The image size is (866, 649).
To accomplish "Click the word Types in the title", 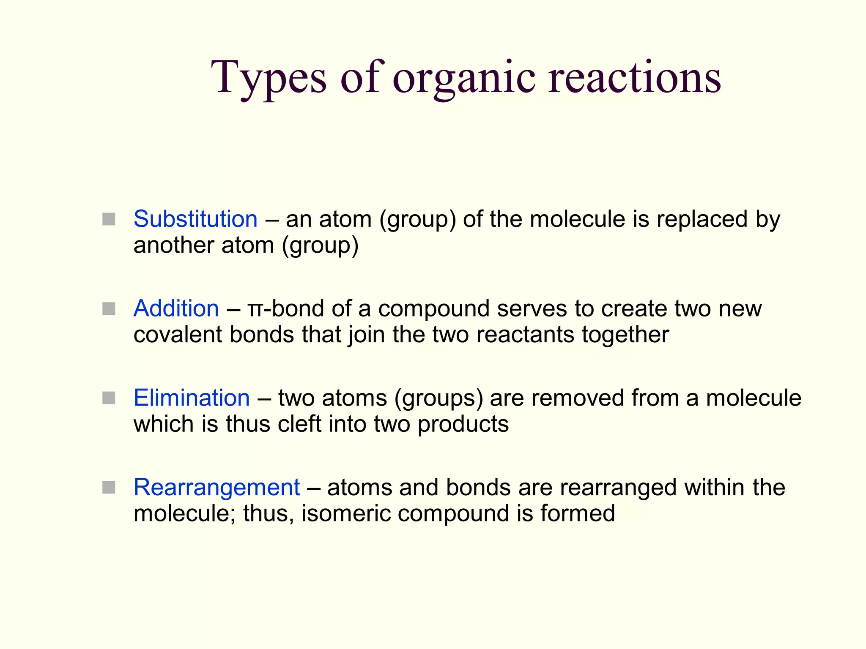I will pyautogui.click(x=269, y=78).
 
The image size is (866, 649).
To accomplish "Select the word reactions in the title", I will pyautogui.click(x=634, y=78).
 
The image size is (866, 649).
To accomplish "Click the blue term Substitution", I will pyautogui.click(x=195, y=219).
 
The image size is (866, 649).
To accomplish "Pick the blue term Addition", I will pyautogui.click(x=176, y=308).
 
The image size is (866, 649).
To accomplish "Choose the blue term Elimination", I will pyautogui.click(x=192, y=398).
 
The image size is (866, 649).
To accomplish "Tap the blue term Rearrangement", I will pyautogui.click(x=216, y=487).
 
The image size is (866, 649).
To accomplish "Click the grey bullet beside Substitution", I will pyautogui.click(x=109, y=219).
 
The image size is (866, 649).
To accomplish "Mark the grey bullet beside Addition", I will pyautogui.click(x=109, y=309).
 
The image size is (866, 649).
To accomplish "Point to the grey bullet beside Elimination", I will pyautogui.click(x=109, y=398).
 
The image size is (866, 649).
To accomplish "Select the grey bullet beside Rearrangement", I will pyautogui.click(x=109, y=488).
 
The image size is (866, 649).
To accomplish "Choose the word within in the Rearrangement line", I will pyautogui.click(x=715, y=487).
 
